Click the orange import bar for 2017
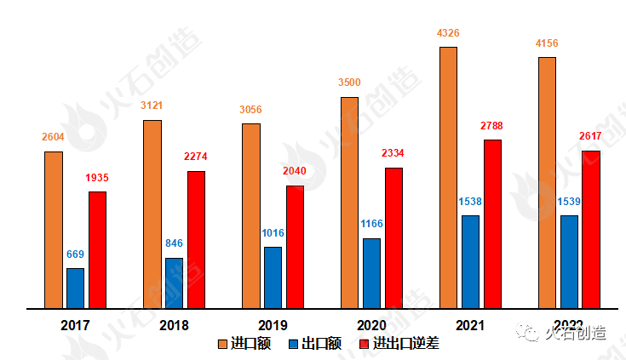coord(54,229)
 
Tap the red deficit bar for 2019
coord(295,246)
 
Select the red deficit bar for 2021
coord(492,223)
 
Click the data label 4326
coord(447,33)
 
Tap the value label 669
coord(76,254)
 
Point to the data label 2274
coord(196,157)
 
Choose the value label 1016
coord(273,233)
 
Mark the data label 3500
coord(349,83)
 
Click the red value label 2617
coord(590,136)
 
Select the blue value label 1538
coord(470,202)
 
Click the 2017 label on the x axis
coord(76,325)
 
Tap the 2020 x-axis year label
coord(371,325)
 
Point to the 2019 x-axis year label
coord(273,325)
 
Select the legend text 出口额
coord(322,344)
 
